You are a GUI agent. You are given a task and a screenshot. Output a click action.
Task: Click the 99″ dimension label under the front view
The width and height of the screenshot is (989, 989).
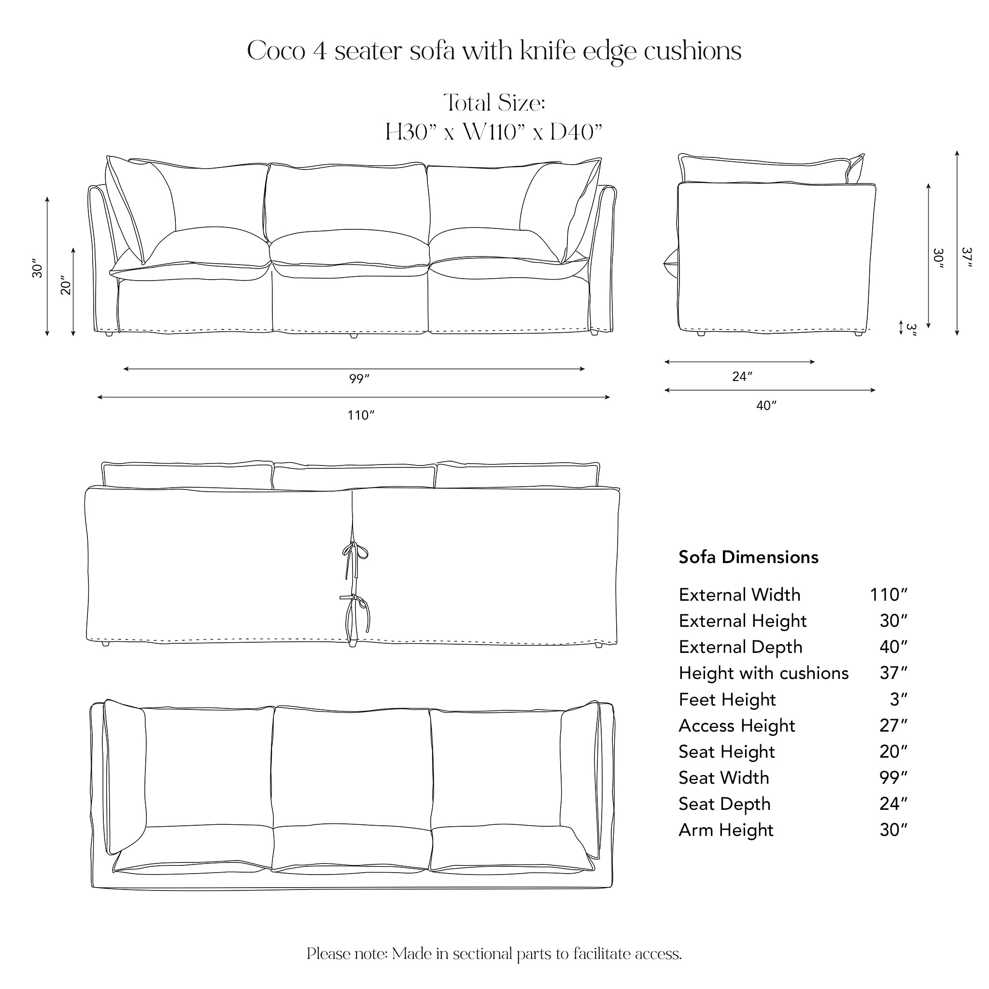point(359,379)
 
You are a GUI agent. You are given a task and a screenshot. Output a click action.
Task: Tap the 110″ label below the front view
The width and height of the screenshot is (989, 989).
point(361,415)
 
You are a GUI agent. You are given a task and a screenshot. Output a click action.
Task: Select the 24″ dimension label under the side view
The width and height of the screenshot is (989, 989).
point(742,377)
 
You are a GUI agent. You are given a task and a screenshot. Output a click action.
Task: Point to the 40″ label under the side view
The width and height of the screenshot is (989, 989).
point(766,406)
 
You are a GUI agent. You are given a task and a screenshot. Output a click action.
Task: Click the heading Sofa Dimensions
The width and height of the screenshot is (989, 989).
point(749,557)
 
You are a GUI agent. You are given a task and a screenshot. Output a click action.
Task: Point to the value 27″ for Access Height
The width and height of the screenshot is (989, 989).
point(893,725)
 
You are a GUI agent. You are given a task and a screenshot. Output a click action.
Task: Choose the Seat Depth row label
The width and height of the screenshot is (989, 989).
point(724,804)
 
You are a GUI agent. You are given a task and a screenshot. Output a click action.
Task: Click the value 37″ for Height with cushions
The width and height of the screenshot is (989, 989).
point(893,673)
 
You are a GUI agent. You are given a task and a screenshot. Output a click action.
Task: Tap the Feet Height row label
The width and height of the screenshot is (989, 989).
point(727,699)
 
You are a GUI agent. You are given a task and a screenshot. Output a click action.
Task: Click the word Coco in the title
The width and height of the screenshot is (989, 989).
point(276,51)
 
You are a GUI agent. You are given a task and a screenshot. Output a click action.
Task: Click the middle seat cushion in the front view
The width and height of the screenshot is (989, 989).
point(350,254)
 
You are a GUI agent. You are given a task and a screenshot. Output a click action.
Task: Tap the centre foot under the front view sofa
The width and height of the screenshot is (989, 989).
point(353,336)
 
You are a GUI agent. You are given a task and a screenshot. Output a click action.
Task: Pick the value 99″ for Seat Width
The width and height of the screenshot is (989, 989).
point(893,777)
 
